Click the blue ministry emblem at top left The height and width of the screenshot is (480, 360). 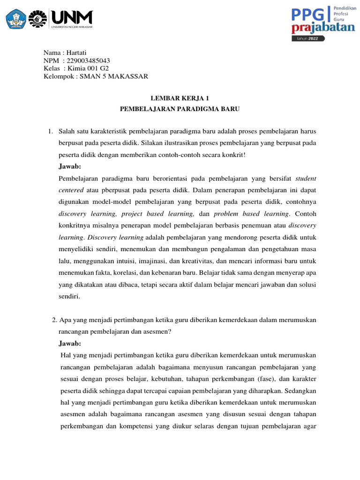coord(15,19)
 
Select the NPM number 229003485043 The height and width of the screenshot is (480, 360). coord(86,61)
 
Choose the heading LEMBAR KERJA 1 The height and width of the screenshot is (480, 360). coord(180,98)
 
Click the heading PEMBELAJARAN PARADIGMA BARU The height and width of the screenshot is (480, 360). coord(180,109)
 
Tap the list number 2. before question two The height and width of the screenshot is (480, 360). coord(54,320)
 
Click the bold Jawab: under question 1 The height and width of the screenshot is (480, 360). coord(70,166)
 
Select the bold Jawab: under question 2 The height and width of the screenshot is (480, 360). coord(70,343)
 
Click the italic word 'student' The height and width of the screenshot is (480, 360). coord(306,178)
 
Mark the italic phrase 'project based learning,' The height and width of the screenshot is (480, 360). coord(157,214)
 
